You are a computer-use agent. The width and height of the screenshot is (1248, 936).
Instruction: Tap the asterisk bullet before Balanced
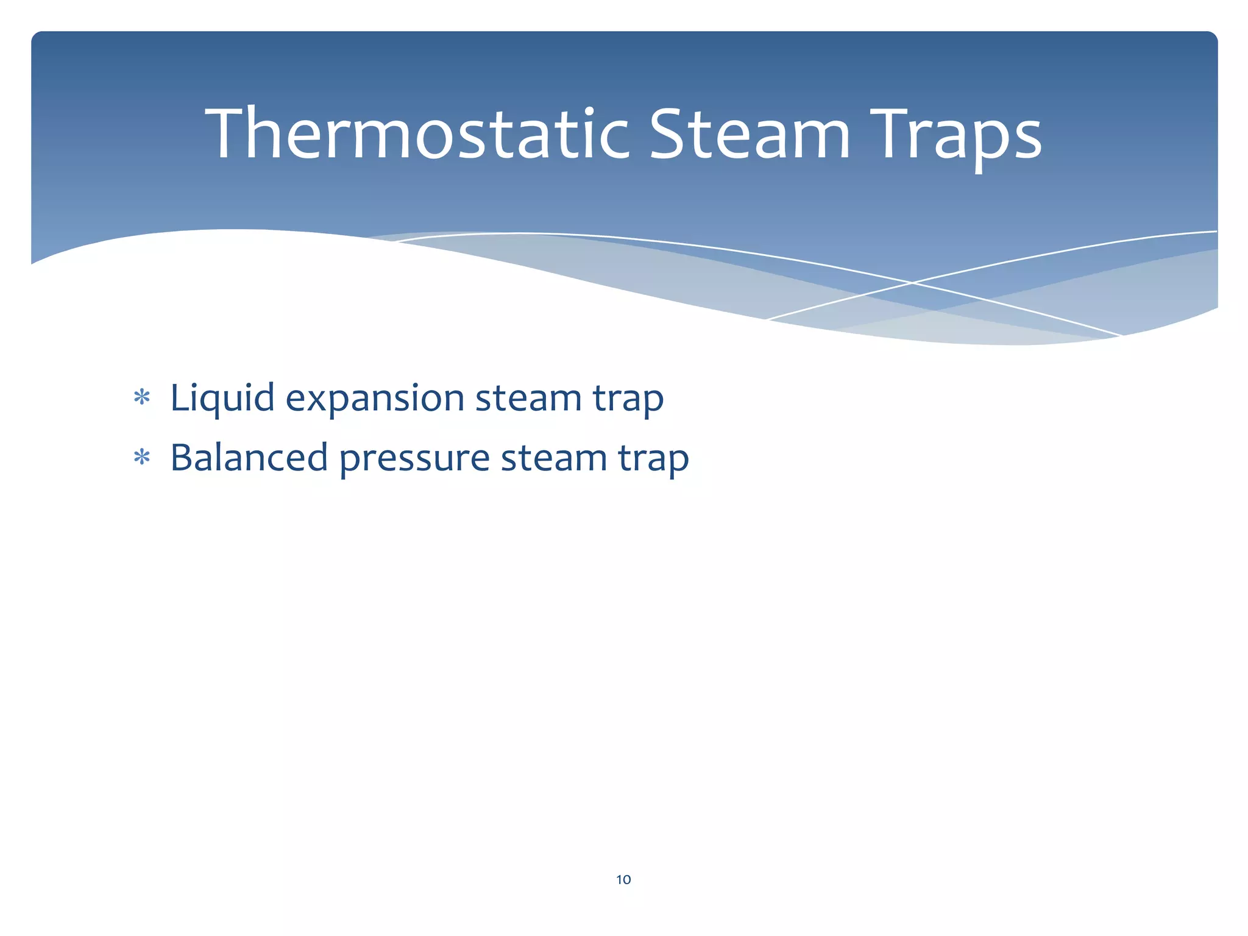pos(142,458)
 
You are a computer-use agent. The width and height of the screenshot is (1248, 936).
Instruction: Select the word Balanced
pos(249,458)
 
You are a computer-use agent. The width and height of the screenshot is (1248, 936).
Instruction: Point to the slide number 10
pos(623,879)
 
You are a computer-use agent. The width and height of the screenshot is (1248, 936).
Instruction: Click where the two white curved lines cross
pos(912,283)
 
